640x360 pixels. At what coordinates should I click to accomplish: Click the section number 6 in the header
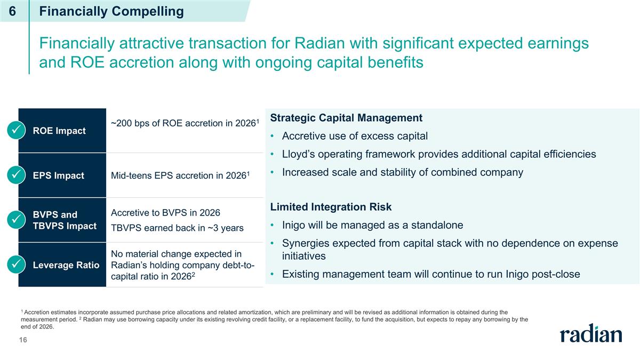12,11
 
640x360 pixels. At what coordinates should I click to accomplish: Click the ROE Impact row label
59,131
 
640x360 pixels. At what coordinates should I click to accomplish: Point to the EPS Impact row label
59,175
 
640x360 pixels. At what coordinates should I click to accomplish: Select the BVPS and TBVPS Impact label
65,220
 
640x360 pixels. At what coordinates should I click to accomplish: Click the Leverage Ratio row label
66,265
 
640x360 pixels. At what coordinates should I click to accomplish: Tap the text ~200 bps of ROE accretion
183,124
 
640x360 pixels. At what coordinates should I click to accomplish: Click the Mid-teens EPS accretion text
180,175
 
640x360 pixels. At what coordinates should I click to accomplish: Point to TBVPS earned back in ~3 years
177,228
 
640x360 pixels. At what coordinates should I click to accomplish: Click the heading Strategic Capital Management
346,117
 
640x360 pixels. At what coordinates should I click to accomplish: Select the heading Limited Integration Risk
331,206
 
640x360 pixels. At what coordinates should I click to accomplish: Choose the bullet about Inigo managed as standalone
372,225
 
